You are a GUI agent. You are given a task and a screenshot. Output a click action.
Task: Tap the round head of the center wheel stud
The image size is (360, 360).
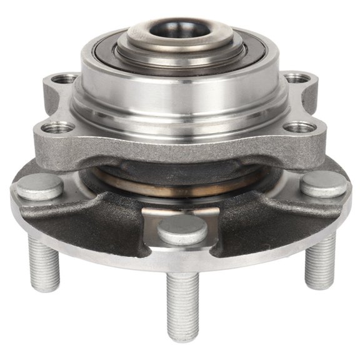coord(182,229)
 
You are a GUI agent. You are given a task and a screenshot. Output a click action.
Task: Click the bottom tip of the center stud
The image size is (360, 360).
coord(183,337)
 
